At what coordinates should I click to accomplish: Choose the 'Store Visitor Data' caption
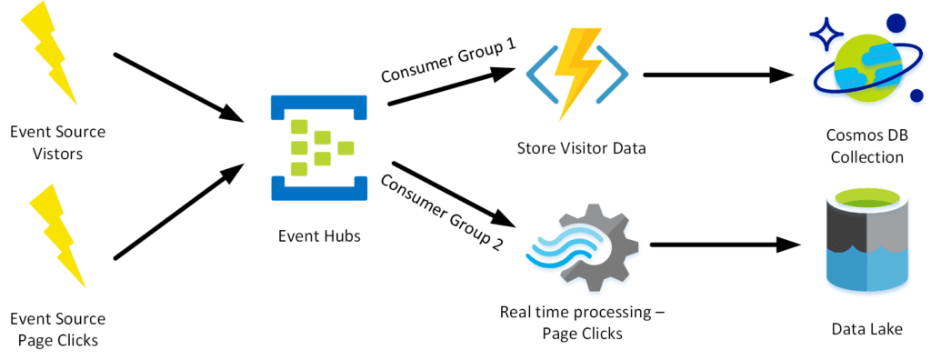[x=581, y=147]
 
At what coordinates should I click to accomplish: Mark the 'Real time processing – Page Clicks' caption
[x=582, y=323]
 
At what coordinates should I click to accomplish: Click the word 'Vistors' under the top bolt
[x=57, y=154]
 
